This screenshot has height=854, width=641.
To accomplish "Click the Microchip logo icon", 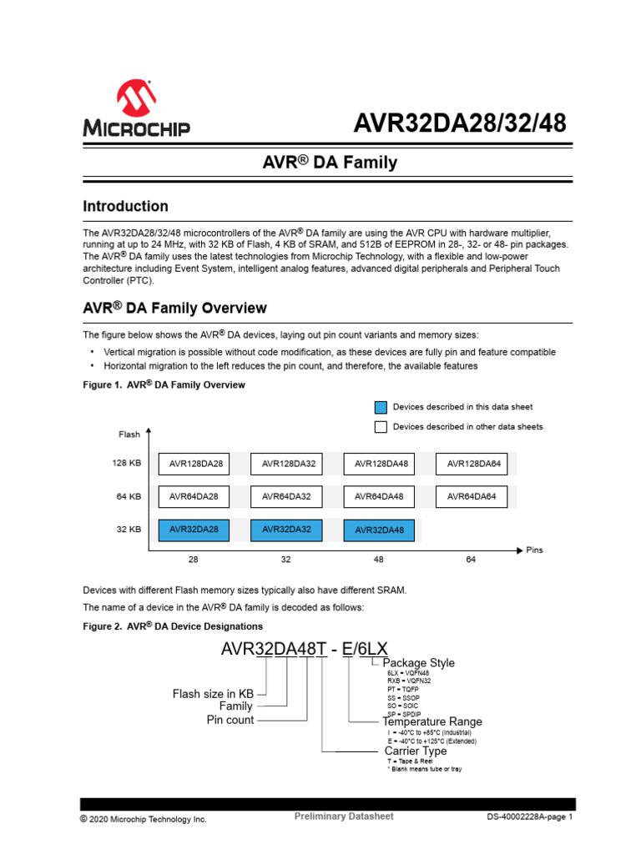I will click(136, 99).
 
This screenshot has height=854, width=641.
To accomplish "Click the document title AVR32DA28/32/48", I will click(460, 123).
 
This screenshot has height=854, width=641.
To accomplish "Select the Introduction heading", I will click(125, 206).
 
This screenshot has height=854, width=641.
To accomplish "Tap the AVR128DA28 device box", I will click(197, 464).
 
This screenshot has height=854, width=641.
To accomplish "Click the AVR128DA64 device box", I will click(474, 464).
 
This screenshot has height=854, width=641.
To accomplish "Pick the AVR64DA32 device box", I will click(286, 496).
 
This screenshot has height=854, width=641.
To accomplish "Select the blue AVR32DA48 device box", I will click(379, 530).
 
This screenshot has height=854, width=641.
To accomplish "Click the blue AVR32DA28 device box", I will click(194, 529).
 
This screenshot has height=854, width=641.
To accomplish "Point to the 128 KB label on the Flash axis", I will click(127, 463).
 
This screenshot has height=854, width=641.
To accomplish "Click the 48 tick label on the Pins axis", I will click(379, 560).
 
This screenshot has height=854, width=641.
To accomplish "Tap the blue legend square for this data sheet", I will click(381, 407).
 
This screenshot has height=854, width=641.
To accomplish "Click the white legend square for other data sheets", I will click(381, 427).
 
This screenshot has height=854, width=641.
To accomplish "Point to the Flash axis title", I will click(129, 435).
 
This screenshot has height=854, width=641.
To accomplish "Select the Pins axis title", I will click(535, 550).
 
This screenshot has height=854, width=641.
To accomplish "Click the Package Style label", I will click(419, 662).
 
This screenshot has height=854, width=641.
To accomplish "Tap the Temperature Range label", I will click(432, 721).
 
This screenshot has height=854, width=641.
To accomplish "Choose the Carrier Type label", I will click(416, 751).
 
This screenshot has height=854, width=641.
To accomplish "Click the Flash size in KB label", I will click(213, 693).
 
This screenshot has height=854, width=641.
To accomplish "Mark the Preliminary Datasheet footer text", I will click(344, 816).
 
